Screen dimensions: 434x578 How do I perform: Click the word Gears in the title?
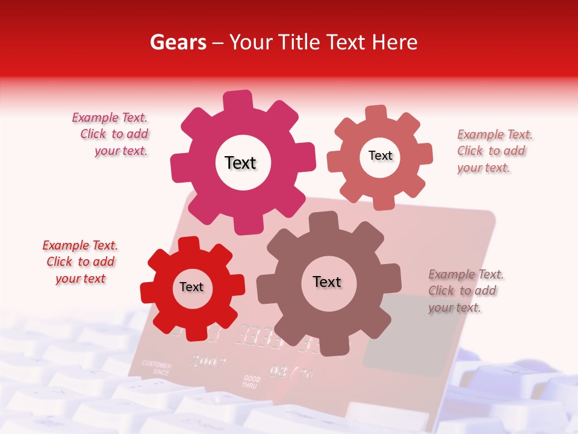click(177, 42)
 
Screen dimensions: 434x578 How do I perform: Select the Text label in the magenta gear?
click(240, 163)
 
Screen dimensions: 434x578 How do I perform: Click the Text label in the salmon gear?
click(380, 156)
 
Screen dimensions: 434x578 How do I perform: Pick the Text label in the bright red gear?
click(191, 287)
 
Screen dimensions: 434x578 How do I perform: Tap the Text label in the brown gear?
click(327, 281)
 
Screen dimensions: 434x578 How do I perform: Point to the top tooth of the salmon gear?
click(376, 114)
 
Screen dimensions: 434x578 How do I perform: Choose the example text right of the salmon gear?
click(494, 151)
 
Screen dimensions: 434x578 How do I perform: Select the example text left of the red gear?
click(80, 262)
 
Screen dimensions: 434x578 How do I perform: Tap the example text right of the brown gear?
click(465, 291)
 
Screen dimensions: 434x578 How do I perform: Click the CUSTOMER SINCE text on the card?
click(156, 368)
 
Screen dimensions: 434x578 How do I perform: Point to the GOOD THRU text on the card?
click(251, 382)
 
